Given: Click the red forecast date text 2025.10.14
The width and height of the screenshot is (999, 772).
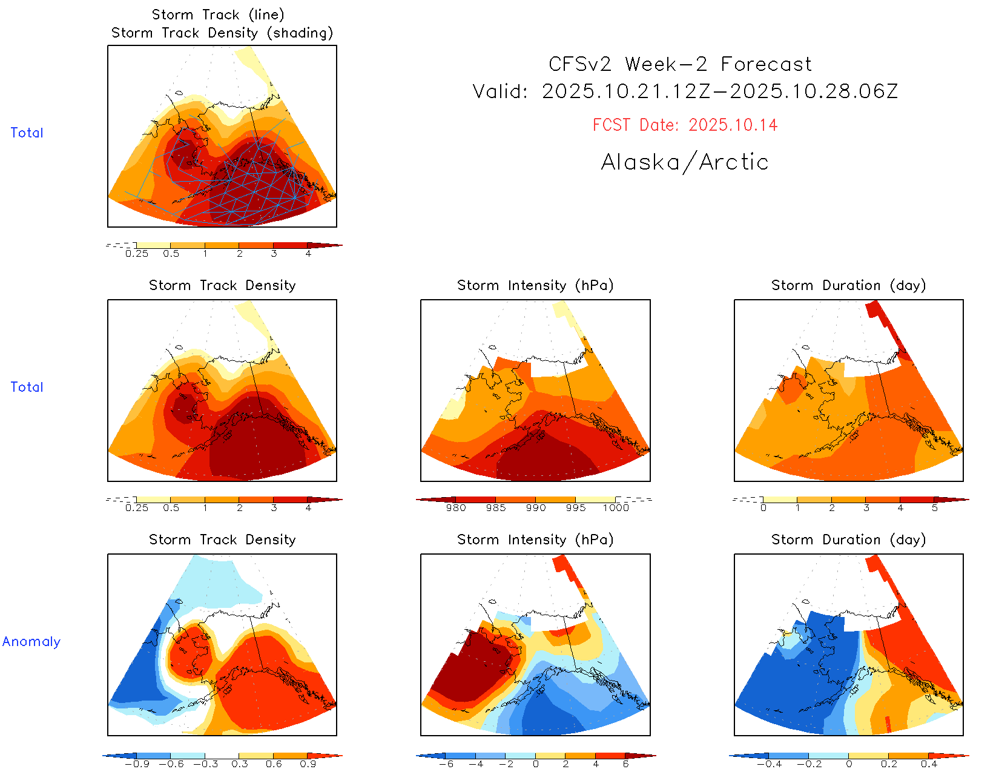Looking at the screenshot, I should (x=733, y=125).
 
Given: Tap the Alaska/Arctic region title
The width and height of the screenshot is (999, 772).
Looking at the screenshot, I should (x=685, y=162).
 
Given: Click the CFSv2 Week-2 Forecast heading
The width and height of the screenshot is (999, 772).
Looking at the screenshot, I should (x=680, y=64).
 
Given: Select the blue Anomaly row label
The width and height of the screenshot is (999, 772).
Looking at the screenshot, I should (x=31, y=642).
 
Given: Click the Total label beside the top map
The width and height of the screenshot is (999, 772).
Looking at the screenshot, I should (x=27, y=133).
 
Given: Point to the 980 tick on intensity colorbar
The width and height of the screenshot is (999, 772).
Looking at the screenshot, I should (x=456, y=508).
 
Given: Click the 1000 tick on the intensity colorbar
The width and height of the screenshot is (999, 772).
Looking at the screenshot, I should (x=616, y=508).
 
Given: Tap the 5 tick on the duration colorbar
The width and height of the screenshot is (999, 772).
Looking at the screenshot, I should (x=935, y=508).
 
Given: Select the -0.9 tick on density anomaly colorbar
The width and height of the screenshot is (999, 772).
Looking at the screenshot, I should (x=137, y=764).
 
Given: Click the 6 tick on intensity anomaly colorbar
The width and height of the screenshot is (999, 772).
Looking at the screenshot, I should (x=625, y=764).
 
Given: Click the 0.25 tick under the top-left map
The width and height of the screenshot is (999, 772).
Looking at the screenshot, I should (x=137, y=254).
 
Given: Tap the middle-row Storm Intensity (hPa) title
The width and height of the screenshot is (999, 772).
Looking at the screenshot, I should (x=535, y=286).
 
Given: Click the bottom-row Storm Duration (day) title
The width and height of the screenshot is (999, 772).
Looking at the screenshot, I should (x=848, y=540).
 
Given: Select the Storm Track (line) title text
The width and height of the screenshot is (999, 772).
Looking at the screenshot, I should (x=218, y=15).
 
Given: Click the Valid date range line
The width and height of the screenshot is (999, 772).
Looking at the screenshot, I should (x=685, y=92).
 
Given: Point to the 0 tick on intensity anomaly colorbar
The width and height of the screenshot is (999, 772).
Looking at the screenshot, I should (x=535, y=764).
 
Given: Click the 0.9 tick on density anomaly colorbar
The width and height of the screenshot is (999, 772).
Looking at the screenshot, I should (x=308, y=764).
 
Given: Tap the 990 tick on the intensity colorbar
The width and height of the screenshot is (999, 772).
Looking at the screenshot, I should (x=536, y=508).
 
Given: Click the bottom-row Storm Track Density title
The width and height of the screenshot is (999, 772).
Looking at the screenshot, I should (x=222, y=540).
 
